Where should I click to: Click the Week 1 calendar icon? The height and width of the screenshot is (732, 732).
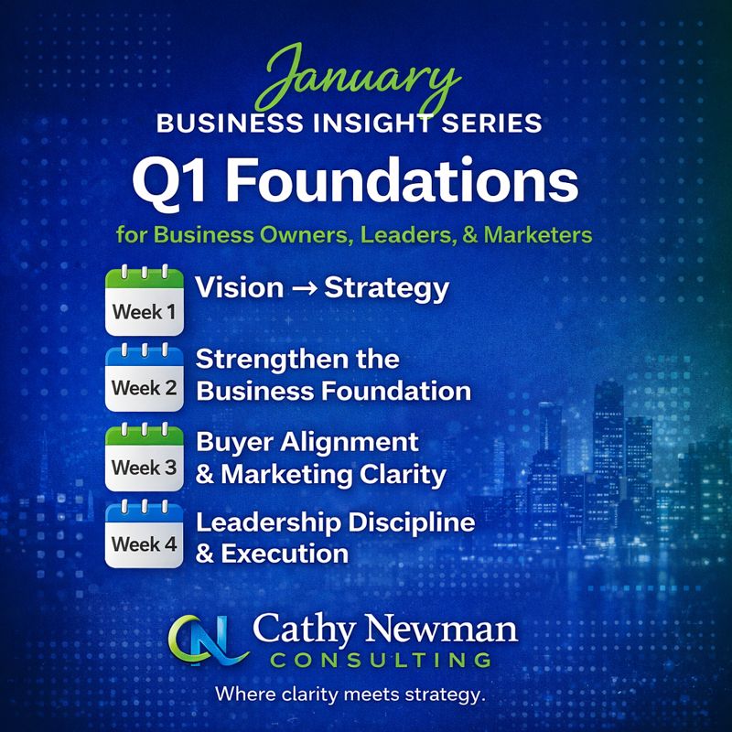click(144, 300)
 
